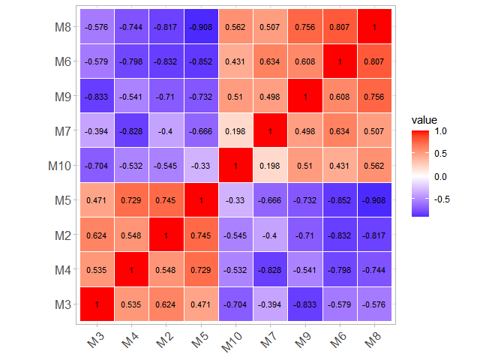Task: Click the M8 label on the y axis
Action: point(63,27)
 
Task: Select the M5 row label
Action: point(63,200)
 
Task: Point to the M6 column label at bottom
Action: point(337,339)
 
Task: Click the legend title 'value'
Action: point(424,120)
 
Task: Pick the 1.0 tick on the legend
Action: point(441,131)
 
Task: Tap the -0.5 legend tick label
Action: point(442,199)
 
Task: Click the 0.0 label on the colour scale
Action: point(441,176)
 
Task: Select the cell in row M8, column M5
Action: point(200,27)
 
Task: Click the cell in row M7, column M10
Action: point(235,131)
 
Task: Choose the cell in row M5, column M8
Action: point(373,200)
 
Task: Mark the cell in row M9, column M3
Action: point(97,96)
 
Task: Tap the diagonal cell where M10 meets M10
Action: point(235,166)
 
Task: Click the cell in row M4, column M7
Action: point(269,270)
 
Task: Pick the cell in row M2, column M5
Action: point(200,235)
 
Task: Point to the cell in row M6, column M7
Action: point(269,61)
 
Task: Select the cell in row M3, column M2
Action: point(166,304)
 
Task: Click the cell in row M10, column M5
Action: point(200,166)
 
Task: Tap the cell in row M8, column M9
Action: point(304,27)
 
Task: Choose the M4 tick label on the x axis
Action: point(131,339)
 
